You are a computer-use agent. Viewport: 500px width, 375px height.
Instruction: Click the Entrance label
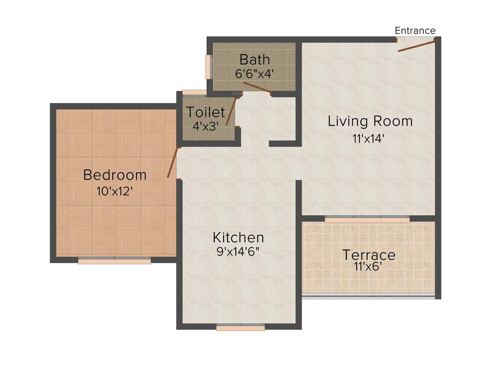pos(415,31)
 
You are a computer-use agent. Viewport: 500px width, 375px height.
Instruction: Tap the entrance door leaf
pos(416,46)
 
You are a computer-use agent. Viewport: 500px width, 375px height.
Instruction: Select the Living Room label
pos(370,121)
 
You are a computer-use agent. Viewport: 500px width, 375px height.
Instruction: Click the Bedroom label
pos(115,174)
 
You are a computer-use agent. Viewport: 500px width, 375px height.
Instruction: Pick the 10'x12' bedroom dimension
pos(115,191)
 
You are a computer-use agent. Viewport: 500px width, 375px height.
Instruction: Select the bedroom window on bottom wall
pos(114,261)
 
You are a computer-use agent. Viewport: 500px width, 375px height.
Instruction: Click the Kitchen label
pos(238,238)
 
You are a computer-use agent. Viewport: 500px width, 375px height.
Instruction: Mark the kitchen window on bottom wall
pos(240,328)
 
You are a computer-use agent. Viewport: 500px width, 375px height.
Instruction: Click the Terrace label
pos(369,255)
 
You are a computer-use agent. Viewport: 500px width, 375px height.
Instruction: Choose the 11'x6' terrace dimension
pos(369,267)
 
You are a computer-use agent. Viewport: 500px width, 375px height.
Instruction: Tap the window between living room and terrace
pos(367,220)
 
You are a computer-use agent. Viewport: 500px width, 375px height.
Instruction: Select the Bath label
pos(254,60)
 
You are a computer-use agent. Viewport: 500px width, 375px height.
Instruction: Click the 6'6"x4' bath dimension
pos(254,73)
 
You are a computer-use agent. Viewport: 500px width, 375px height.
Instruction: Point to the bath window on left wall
pos(208,66)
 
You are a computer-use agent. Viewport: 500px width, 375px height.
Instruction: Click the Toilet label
pos(206,112)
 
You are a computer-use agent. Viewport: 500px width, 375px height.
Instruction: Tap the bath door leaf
pos(257,87)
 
